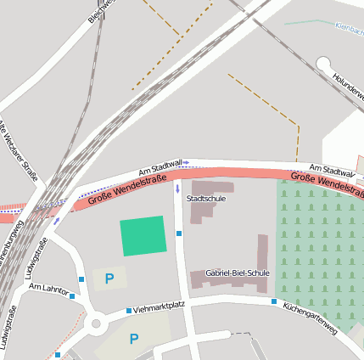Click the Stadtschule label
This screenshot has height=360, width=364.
pyautogui.click(x=205, y=198)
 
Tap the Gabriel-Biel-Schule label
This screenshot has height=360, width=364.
pyautogui.click(x=237, y=273)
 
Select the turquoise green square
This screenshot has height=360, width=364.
pyautogui.click(x=143, y=235)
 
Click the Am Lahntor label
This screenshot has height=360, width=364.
pyautogui.click(x=48, y=289)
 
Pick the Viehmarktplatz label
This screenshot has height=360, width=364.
pyautogui.click(x=160, y=308)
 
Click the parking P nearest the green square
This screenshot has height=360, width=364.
pyautogui.click(x=109, y=278)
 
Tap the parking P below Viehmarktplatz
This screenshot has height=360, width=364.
pyautogui.click(x=133, y=339)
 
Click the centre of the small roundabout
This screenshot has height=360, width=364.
pyautogui.click(x=95, y=323)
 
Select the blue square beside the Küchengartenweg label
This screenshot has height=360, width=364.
pyautogui.click(x=274, y=301)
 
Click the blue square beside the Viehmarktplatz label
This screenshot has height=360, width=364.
pyautogui.click(x=129, y=311)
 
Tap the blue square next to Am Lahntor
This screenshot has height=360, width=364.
pyautogui.click(x=72, y=296)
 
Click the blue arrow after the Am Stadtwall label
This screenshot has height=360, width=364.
pyautogui.click(x=186, y=162)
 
